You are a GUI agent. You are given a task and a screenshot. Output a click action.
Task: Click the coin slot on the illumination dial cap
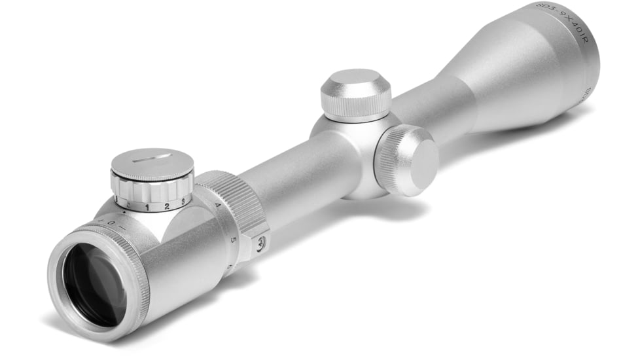point(151,158)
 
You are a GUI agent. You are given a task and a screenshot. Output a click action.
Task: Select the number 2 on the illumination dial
point(167,206)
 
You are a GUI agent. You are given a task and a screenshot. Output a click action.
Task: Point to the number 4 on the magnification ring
point(217,206)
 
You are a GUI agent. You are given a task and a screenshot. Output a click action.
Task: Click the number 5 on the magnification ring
point(233,240)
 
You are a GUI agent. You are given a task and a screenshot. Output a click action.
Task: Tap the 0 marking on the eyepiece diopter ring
point(112,223)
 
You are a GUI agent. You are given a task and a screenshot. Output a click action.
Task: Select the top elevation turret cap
point(355,84)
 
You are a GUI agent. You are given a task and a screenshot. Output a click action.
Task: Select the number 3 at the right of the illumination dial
point(183,201)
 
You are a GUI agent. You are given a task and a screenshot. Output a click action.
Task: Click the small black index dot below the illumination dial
point(125,213)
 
